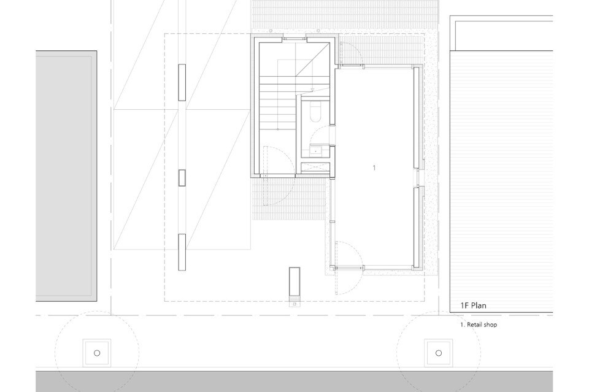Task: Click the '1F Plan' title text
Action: click(x=473, y=306)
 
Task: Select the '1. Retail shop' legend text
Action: click(x=479, y=325)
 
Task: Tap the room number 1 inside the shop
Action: click(x=374, y=168)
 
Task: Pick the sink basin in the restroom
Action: click(x=315, y=151)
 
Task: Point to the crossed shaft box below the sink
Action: click(x=315, y=167)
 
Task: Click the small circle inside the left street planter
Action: click(x=97, y=353)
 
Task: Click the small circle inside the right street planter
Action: click(x=439, y=353)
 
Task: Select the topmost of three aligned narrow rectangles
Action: click(x=182, y=82)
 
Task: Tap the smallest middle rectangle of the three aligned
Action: click(x=182, y=178)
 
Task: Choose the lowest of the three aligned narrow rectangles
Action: click(x=182, y=252)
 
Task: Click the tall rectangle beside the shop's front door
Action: click(x=294, y=282)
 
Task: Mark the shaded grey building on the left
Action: click(x=66, y=176)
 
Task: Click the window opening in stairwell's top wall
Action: click(x=294, y=39)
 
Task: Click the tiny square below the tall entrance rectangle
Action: click(x=295, y=304)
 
